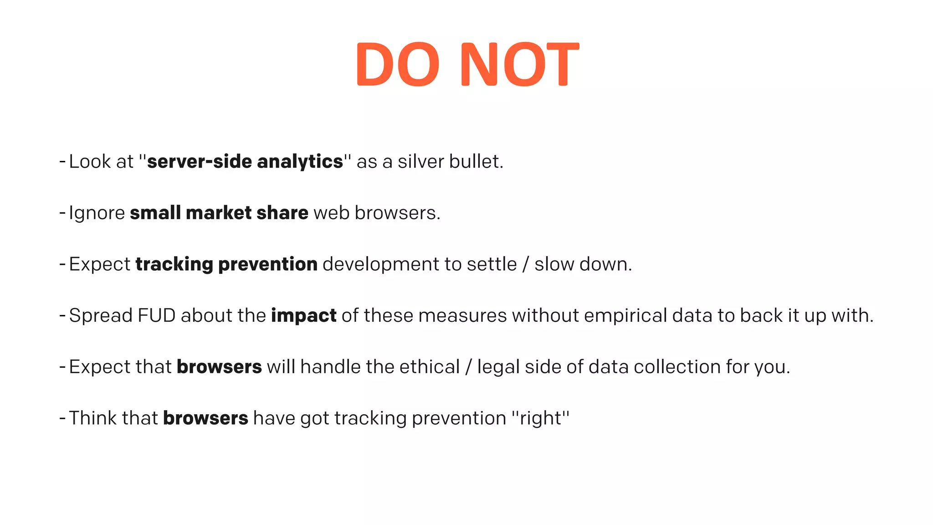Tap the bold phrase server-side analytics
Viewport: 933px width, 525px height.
pyautogui.click(x=245, y=162)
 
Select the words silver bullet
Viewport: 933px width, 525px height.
pyautogui.click(x=450, y=162)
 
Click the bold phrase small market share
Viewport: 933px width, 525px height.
pyautogui.click(x=219, y=213)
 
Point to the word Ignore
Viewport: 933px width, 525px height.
pyautogui.click(x=97, y=213)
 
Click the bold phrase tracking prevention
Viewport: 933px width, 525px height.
pyautogui.click(x=226, y=264)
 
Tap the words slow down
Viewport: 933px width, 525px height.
pyautogui.click(x=583, y=264)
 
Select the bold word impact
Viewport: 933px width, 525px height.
pyautogui.click(x=303, y=316)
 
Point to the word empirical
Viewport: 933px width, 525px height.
pyautogui.click(x=625, y=316)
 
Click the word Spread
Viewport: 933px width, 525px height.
pyautogui.click(x=101, y=316)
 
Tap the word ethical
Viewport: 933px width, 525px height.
pyautogui.click(x=430, y=367)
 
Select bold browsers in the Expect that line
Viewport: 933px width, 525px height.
pyautogui.click(x=219, y=367)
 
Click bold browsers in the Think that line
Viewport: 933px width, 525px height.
pyautogui.click(x=205, y=418)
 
